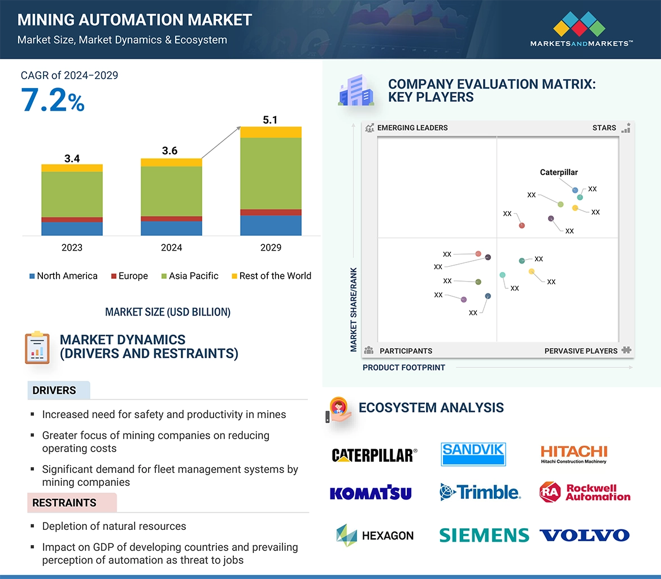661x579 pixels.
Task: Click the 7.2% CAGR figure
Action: pos(53,100)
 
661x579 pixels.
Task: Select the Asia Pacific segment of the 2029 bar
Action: pos(271,173)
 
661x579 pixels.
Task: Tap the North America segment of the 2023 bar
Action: pos(72,228)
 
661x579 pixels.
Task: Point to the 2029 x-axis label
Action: pos(271,247)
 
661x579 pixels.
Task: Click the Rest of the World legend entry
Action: pos(271,276)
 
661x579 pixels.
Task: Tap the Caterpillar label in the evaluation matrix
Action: pos(559,172)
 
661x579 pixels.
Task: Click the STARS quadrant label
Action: pos(604,128)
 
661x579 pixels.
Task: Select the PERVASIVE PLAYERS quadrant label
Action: pos(581,350)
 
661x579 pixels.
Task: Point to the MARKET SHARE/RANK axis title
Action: pos(354,309)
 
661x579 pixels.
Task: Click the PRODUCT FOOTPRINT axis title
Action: pos(404,367)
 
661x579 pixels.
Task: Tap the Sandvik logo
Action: pos(473,454)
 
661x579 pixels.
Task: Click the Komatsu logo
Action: pos(371,493)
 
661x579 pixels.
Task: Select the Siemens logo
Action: pos(484,535)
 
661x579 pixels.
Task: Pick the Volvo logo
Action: pos(584,535)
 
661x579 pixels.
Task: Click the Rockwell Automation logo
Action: pos(585,493)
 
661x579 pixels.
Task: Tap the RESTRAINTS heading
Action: pos(64,503)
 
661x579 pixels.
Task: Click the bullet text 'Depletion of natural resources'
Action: pos(114,526)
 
